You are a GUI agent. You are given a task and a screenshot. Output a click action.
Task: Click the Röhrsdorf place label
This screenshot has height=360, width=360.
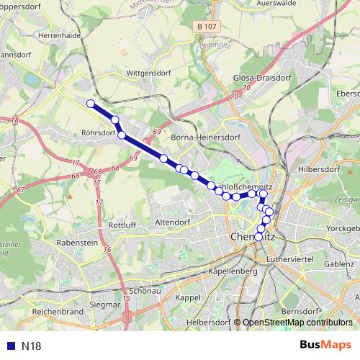[x=99, y=132]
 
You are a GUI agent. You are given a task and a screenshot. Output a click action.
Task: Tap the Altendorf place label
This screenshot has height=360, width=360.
[x=170, y=223]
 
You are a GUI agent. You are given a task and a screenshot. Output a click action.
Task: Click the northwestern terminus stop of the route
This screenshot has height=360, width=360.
[x=91, y=104]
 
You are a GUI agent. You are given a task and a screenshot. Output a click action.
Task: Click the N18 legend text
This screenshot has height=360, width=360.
[x=32, y=346]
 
